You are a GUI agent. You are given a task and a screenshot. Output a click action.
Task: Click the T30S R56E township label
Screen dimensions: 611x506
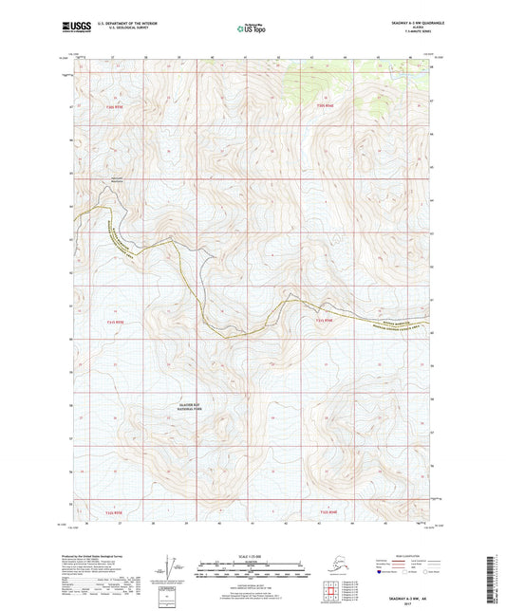(324, 104)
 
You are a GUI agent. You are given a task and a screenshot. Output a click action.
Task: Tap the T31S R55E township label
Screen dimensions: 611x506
(115, 322)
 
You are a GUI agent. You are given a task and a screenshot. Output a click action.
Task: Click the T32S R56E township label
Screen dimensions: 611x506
(324, 512)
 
